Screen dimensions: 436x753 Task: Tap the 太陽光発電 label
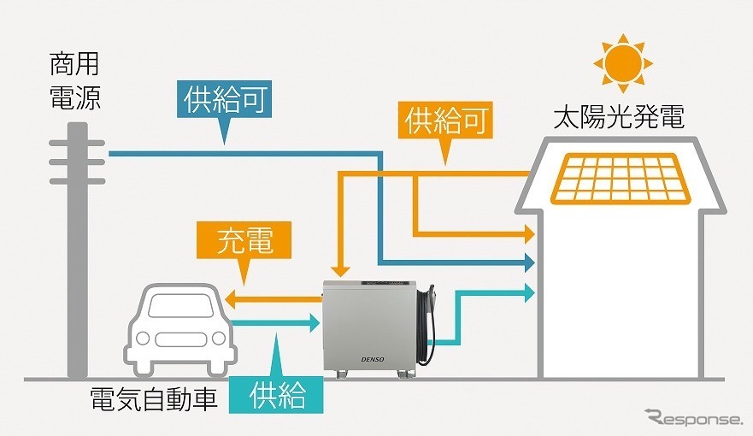click(x=618, y=117)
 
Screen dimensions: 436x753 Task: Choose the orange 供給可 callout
click(x=449, y=121)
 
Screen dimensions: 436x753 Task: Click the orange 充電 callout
click(x=245, y=240)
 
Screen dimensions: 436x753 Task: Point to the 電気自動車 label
click(x=155, y=398)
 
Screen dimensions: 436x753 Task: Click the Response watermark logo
click(x=693, y=418)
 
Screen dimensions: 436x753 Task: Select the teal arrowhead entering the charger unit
click(x=313, y=323)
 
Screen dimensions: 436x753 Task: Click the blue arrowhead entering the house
click(x=529, y=262)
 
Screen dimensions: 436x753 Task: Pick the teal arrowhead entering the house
click(x=529, y=291)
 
